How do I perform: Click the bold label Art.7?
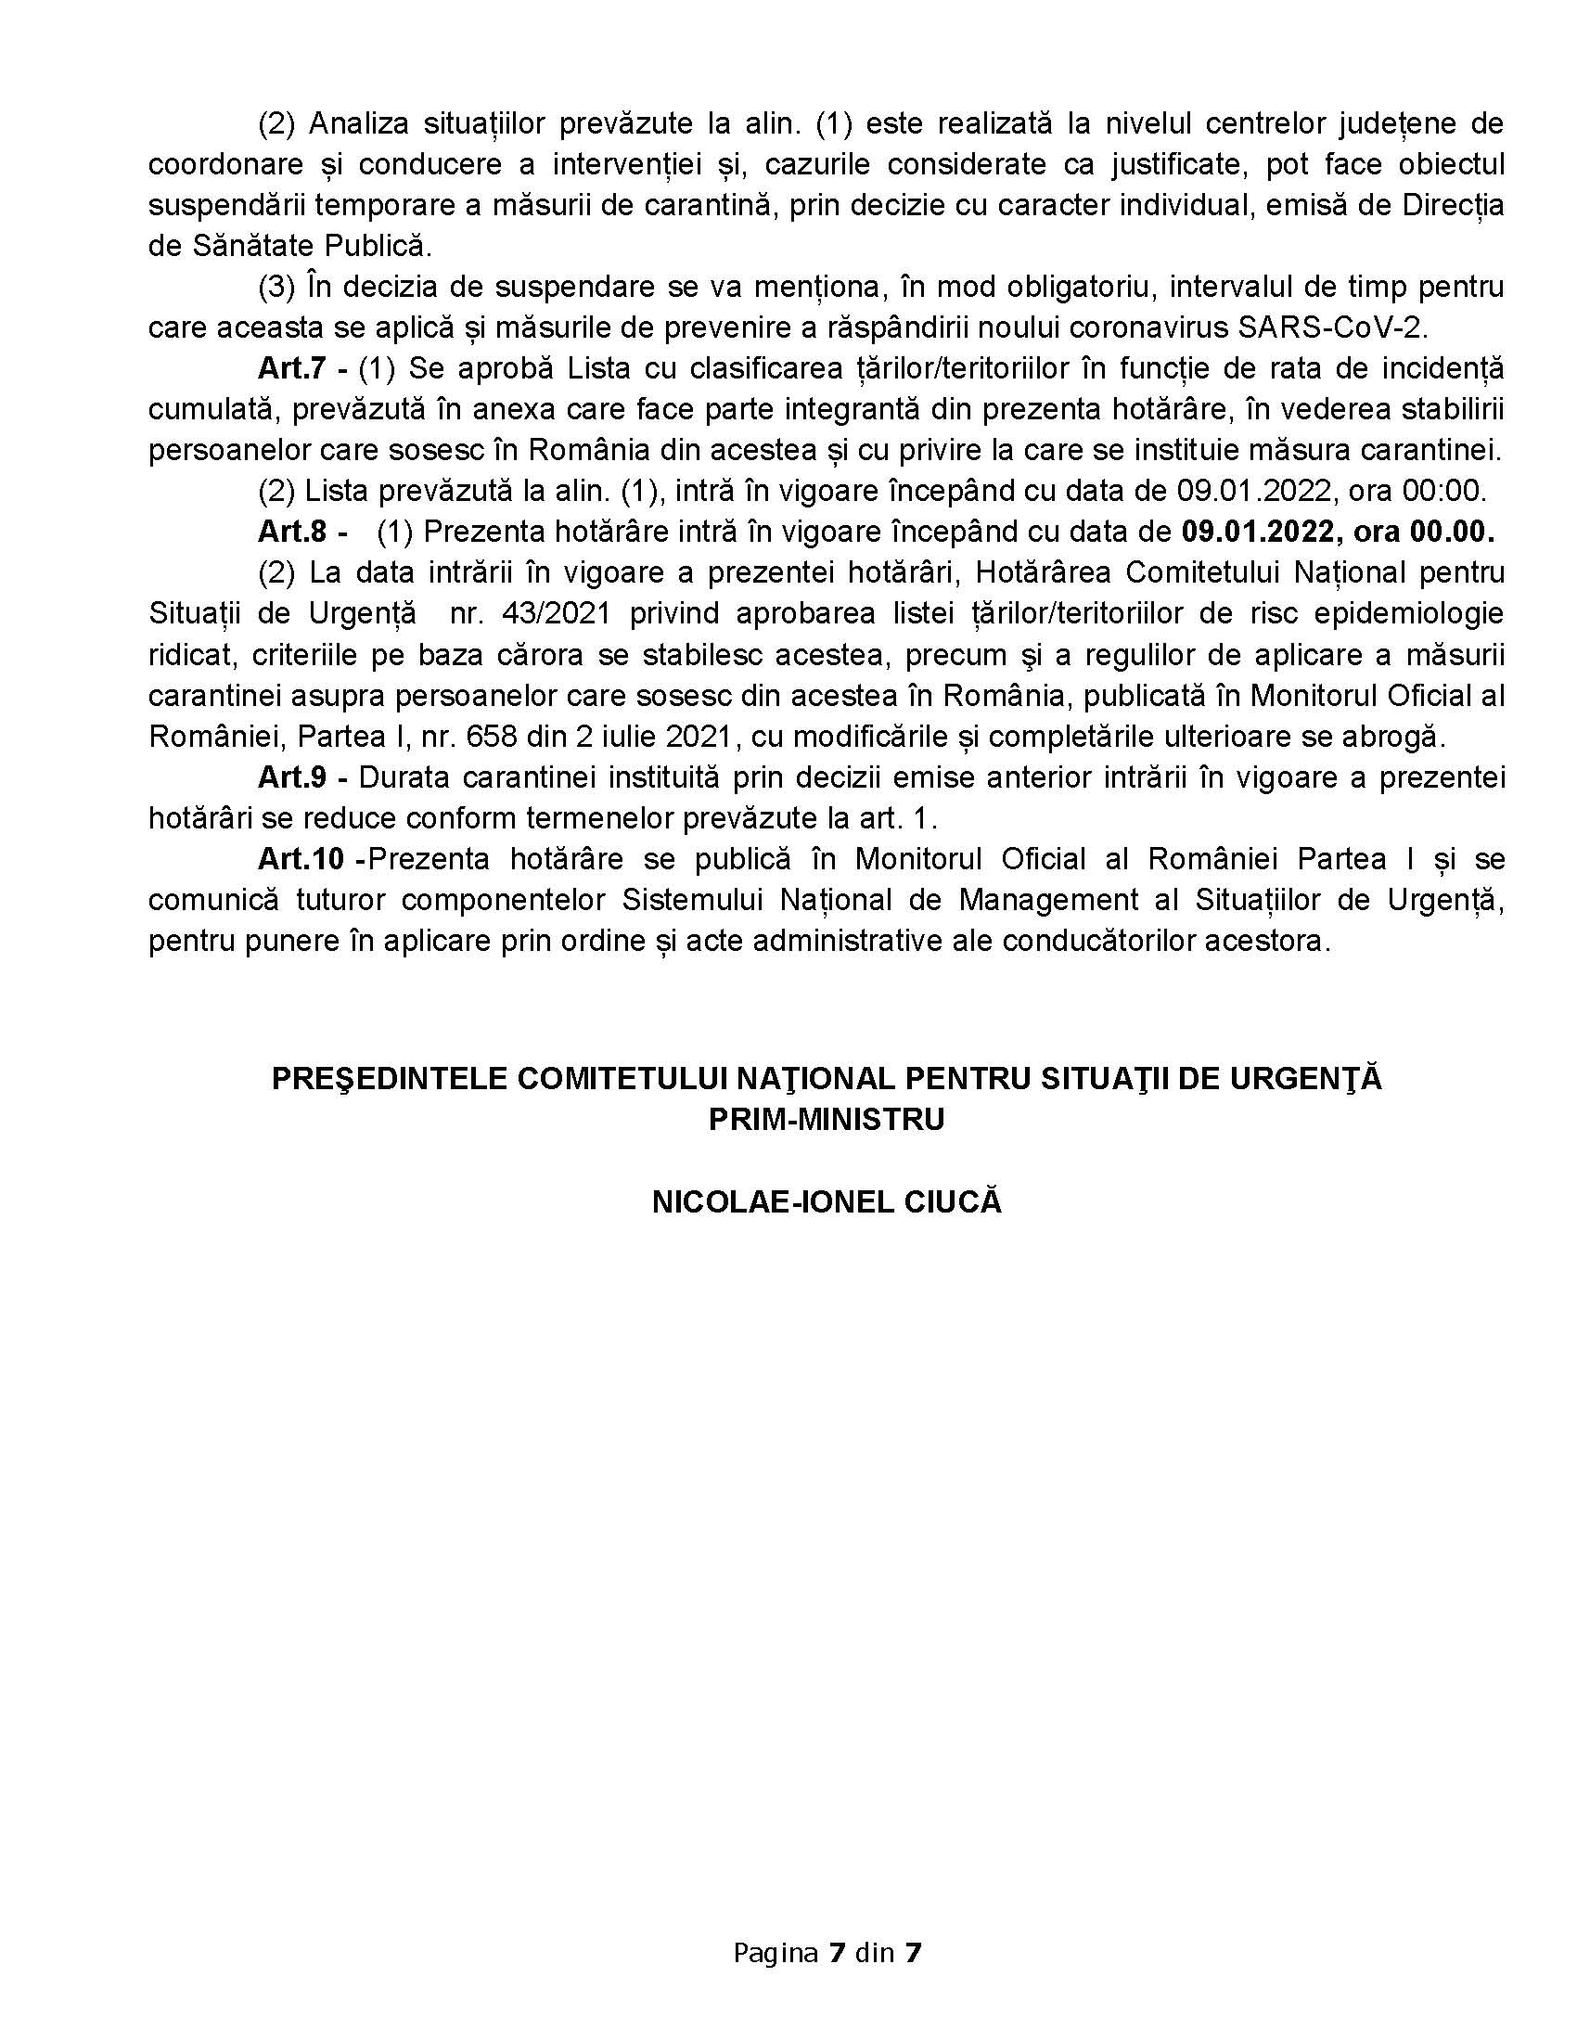[291, 368]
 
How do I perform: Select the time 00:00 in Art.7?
[1452, 491]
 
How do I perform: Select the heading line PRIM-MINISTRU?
[826, 1120]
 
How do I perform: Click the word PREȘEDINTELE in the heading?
[389, 1078]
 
